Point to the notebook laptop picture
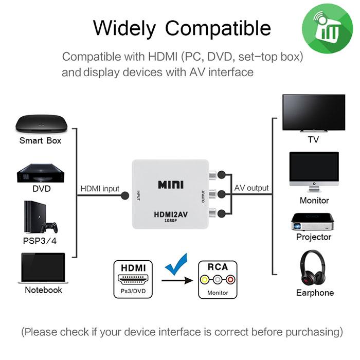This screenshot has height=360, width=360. tap(42, 268)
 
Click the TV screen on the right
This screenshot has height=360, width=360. tap(314, 113)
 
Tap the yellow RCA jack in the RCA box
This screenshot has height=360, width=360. tap(206, 280)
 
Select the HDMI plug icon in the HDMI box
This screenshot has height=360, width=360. tap(133, 281)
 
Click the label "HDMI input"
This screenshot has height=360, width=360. tap(100, 188)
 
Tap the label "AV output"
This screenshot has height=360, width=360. tap(251, 188)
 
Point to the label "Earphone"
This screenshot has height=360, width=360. tap(315, 293)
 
